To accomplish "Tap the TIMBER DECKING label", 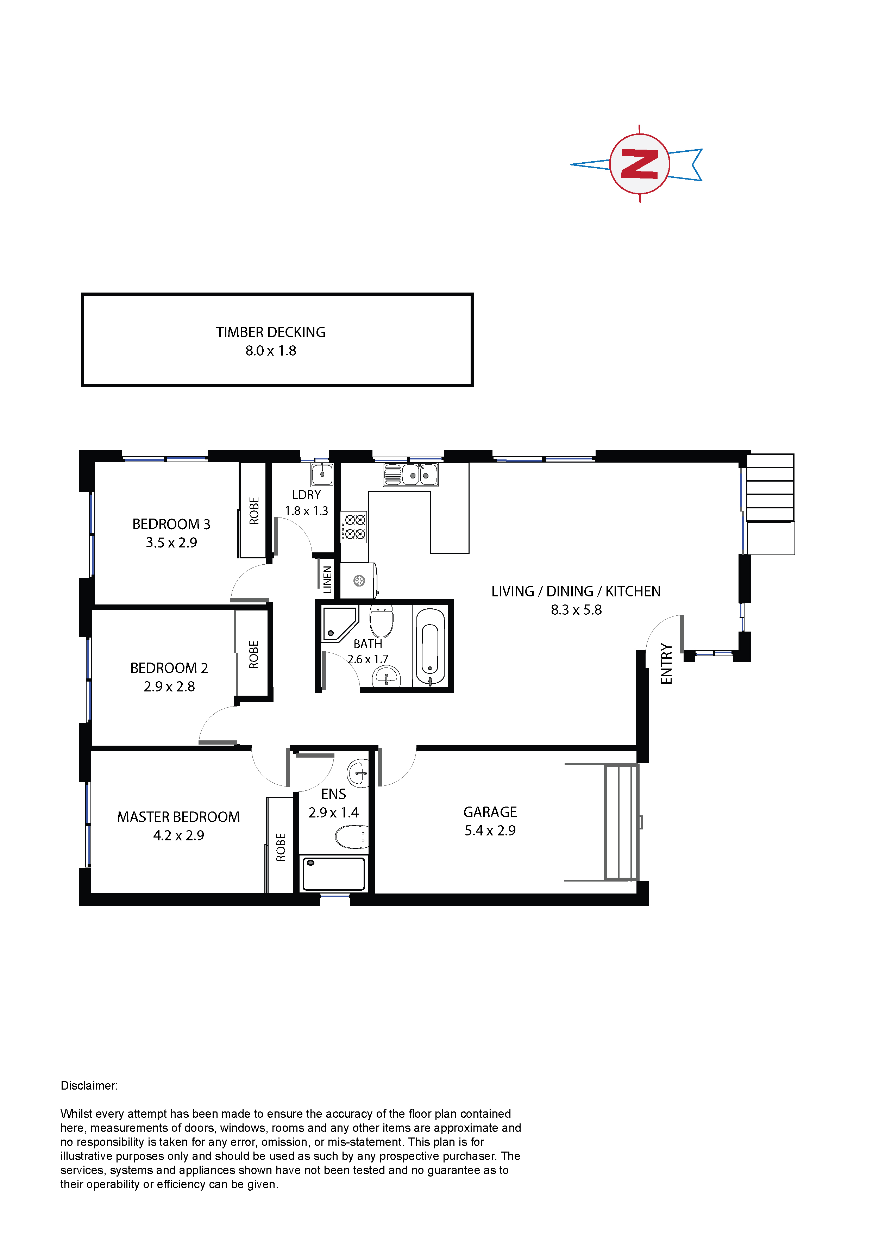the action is coord(271,332).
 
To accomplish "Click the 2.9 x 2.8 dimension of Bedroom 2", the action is coord(169,687).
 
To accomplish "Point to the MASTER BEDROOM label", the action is coord(178,817).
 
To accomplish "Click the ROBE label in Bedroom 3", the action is coord(254,510).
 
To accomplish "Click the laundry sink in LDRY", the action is coord(322,475).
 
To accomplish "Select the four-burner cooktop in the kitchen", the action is coord(354,527).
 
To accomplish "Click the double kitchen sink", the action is coord(410,475).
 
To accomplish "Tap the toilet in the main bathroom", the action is coord(382,621).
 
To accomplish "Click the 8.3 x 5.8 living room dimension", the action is coord(576,610).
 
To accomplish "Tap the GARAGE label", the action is coord(490,812).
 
